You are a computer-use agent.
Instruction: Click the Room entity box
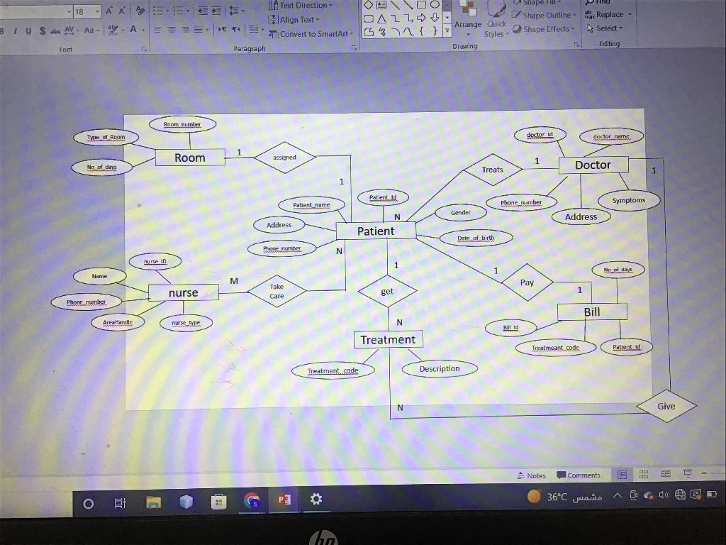[x=190, y=158]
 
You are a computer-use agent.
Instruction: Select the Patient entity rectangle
[x=376, y=231]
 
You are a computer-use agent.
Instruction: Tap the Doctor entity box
[x=593, y=165]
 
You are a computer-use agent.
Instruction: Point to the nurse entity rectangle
[x=183, y=292]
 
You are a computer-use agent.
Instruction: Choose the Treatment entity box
[x=388, y=339]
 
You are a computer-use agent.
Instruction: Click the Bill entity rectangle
[x=592, y=312]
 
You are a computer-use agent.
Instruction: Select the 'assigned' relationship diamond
[x=284, y=158]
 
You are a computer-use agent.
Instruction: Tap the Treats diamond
[x=492, y=170]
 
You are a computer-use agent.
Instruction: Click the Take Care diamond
[x=277, y=291]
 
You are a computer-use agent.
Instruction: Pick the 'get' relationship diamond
[x=387, y=291]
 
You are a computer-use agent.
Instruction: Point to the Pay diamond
[x=527, y=282]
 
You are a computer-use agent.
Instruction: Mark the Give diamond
[x=666, y=406]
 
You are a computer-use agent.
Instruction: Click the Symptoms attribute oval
[x=629, y=200]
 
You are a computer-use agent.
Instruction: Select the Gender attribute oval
[x=460, y=212]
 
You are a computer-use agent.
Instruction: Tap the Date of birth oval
[x=475, y=238]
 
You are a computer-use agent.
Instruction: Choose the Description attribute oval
[x=440, y=368]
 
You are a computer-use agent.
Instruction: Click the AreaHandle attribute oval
[x=118, y=322]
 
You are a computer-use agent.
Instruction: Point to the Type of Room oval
[x=106, y=137]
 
